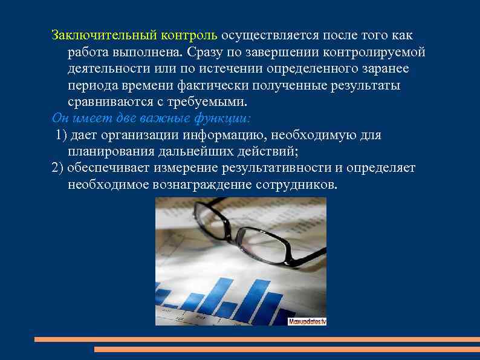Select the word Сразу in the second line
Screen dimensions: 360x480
tap(207, 52)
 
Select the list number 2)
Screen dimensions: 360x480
tap(58, 168)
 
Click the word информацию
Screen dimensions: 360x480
tap(231, 134)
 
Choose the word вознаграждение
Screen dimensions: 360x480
tap(209, 184)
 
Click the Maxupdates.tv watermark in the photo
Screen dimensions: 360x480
tap(306, 321)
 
